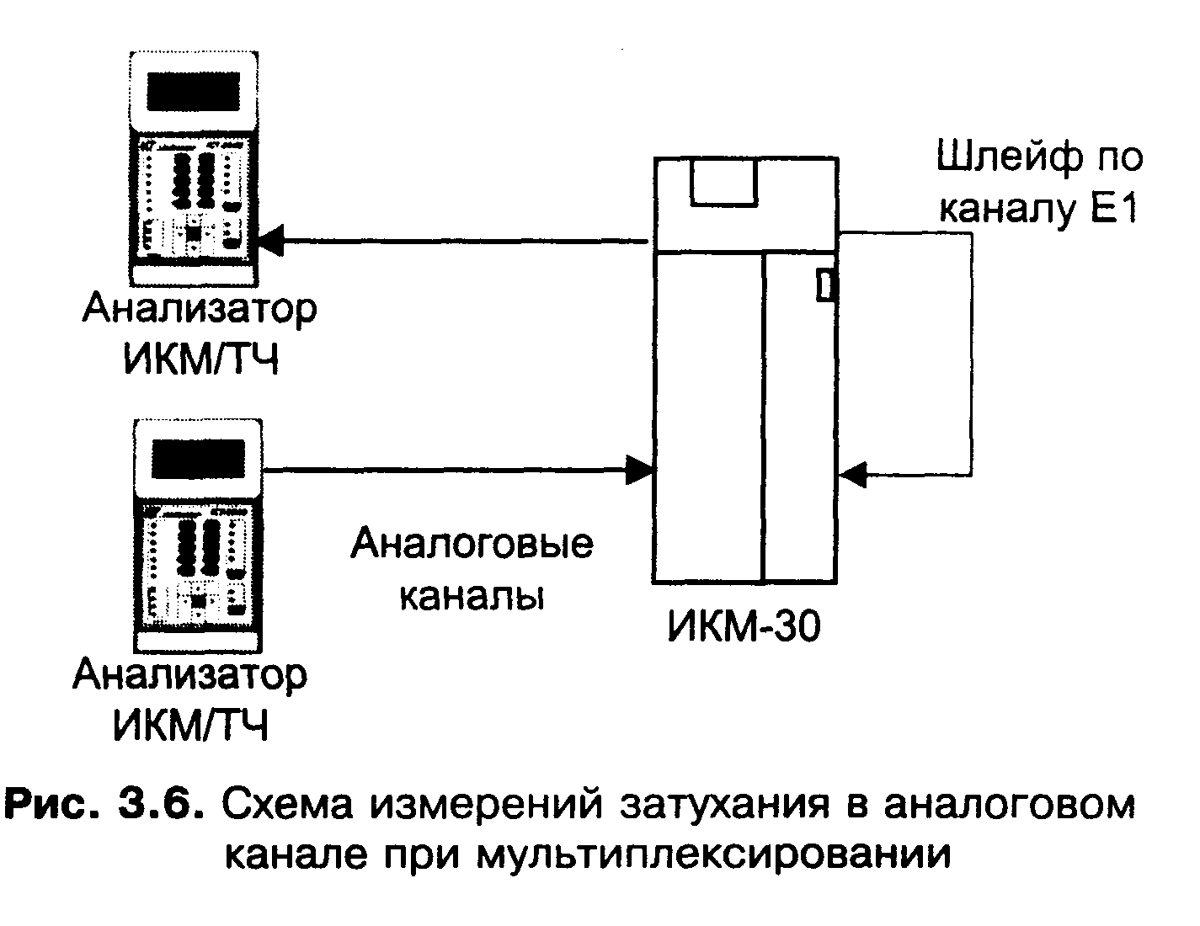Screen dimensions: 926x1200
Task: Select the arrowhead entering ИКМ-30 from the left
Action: pyautogui.click(x=641, y=468)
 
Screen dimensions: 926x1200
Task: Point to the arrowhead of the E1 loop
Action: pyautogui.click(x=852, y=475)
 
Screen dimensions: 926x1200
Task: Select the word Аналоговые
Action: pyautogui.click(x=472, y=545)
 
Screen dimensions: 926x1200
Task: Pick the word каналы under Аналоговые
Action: pyautogui.click(x=472, y=596)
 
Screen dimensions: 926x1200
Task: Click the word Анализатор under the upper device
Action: pyautogui.click(x=200, y=310)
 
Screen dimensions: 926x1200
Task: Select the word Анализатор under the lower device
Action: pyautogui.click(x=190, y=676)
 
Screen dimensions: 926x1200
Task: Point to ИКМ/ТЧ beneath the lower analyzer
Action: pyautogui.click(x=190, y=726)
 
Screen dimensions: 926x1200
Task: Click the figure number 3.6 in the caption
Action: pyautogui.click(x=163, y=805)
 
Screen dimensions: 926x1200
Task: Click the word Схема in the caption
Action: pyautogui.click(x=287, y=805)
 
